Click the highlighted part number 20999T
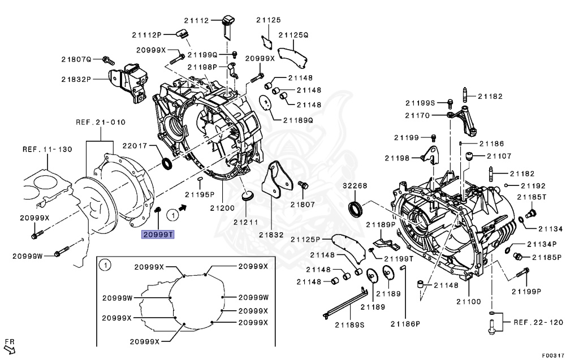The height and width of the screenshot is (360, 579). pos(158,234)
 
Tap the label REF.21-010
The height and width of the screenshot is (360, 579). pos(101,122)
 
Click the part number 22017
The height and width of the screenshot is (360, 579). pos(136,146)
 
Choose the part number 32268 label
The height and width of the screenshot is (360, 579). pos(355,185)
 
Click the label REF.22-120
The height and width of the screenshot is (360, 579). pos(539,322)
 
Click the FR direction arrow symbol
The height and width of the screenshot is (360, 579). pos(9,345)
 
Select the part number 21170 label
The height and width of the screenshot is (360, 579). pos(417,115)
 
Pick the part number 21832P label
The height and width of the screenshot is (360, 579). pos(77,79)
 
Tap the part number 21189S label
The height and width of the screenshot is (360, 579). pos(349,324)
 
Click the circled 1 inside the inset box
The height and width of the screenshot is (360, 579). pos(104,264)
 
